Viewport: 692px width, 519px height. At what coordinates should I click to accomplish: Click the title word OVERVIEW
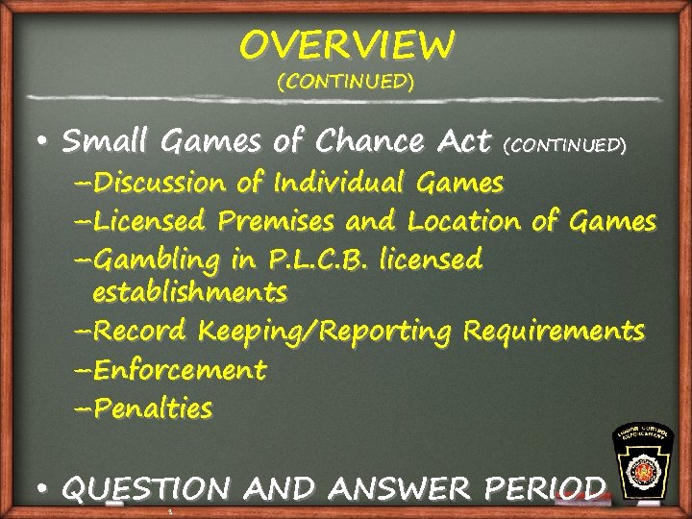point(346,44)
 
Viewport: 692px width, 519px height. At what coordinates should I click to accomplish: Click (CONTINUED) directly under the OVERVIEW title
point(346,82)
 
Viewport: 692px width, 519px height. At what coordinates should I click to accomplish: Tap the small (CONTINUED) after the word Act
point(566,145)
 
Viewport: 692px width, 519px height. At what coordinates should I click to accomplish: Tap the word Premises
point(278,221)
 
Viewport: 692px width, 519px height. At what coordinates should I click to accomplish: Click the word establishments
point(189,289)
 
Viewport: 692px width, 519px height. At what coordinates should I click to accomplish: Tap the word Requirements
point(553,332)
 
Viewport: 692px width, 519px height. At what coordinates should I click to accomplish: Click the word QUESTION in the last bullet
point(145,488)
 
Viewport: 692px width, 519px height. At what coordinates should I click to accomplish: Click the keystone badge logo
point(644,464)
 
